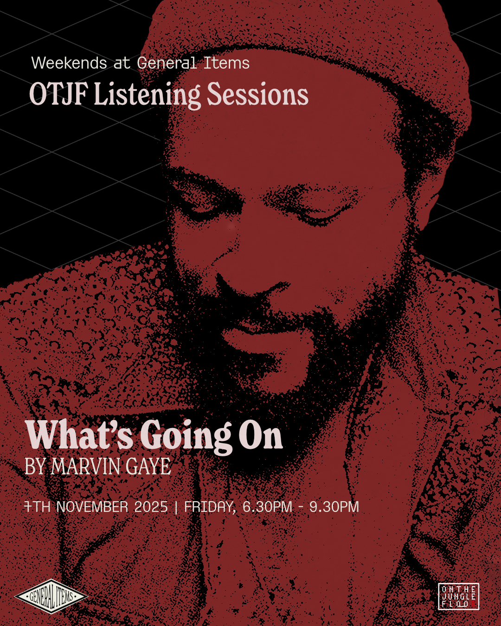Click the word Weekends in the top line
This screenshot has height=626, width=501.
click(69, 63)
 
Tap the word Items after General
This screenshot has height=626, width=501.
click(226, 63)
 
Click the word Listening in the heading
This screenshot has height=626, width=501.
click(147, 95)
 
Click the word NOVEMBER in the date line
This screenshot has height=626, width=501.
click(92, 507)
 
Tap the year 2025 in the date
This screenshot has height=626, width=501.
click(151, 507)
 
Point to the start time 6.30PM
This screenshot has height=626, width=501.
click(267, 507)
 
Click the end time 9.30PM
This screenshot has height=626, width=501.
click(334, 507)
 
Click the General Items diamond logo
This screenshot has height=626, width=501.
click(51, 596)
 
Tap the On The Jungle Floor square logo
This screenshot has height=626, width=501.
click(458, 596)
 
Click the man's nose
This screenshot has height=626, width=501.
click(253, 274)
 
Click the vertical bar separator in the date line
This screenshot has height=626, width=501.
click(176, 507)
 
